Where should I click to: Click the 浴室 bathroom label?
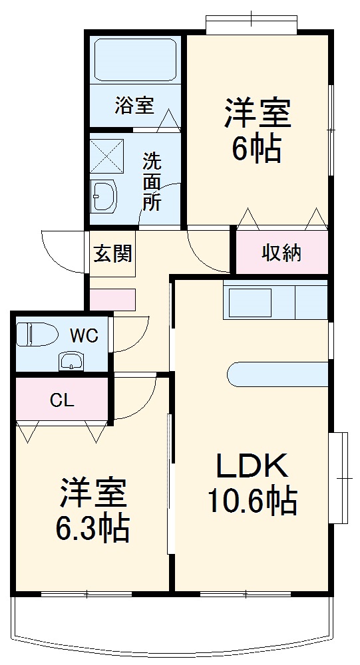point(134,105)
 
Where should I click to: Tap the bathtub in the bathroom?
point(135,61)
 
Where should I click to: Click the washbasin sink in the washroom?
point(104,197)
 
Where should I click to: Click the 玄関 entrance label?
point(112,253)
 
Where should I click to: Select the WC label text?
point(85,335)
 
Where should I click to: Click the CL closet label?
point(62,400)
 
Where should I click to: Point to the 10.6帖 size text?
point(252,501)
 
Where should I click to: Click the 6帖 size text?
point(257,149)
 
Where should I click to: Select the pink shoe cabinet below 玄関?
point(112,300)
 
